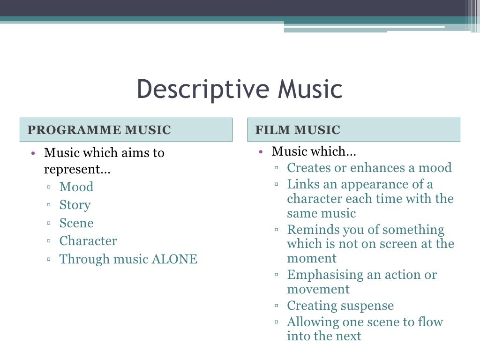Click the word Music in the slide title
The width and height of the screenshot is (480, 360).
[x=310, y=89]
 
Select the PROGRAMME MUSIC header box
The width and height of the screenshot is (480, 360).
[x=126, y=130]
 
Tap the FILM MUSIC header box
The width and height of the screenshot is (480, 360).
[x=353, y=130]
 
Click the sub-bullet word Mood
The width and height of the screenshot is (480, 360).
[x=76, y=187]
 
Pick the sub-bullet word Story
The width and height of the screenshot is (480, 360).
[x=75, y=205]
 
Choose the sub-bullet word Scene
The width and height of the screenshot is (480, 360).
[x=76, y=223]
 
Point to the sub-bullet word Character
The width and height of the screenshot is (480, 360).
[x=88, y=241]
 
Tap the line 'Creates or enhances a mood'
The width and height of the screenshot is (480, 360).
[x=369, y=168]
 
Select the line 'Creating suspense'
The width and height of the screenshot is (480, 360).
[x=340, y=306]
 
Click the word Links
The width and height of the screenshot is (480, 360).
[x=300, y=184]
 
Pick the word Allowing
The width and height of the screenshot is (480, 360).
[x=310, y=322]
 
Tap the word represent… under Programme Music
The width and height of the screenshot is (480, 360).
[x=77, y=169]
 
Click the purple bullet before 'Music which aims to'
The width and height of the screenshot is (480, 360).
[x=33, y=153]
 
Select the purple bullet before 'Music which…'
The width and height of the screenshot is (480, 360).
[x=261, y=152]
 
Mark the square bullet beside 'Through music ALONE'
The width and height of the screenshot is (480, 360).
[x=48, y=259]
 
